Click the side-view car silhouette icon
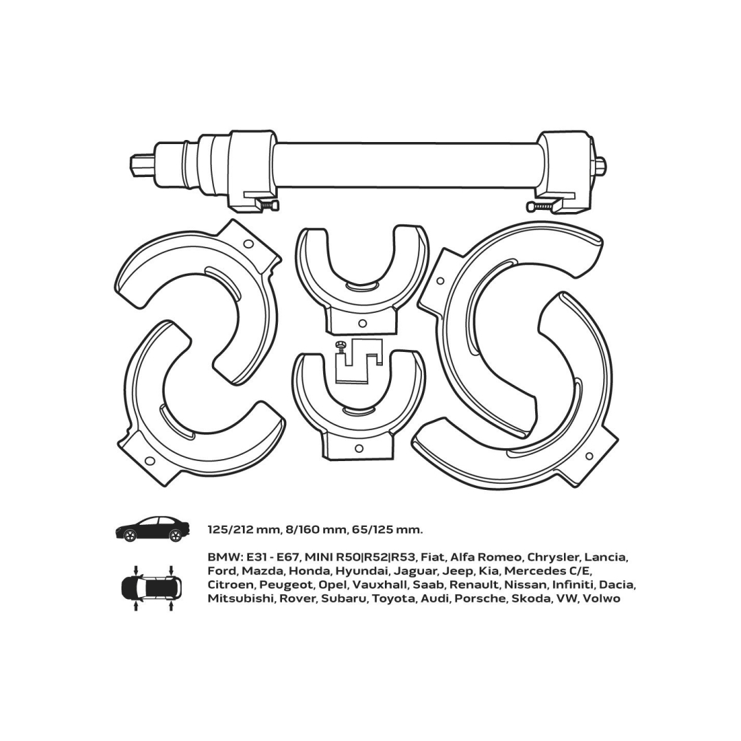(x=152, y=529)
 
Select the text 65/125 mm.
(x=387, y=530)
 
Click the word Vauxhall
(x=380, y=585)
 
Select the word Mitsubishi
(x=241, y=599)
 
